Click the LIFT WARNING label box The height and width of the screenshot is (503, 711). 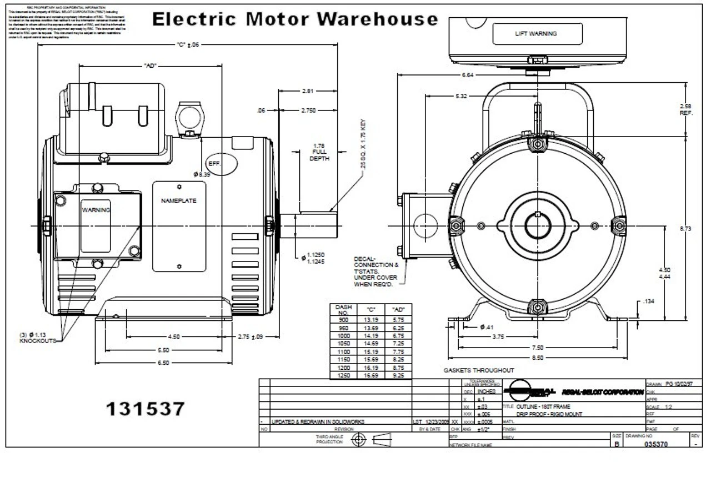pyautogui.click(x=537, y=34)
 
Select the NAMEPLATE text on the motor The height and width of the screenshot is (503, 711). pyautogui.click(x=179, y=201)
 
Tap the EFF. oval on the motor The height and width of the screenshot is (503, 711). pyautogui.click(x=221, y=164)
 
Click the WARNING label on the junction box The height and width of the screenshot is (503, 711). pyautogui.click(x=96, y=210)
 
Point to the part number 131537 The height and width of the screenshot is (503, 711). pyautogui.click(x=145, y=409)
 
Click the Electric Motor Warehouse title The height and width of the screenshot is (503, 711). pyautogui.click(x=295, y=19)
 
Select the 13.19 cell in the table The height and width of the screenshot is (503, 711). pyautogui.click(x=370, y=320)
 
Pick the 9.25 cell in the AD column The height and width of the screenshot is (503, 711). pyautogui.click(x=398, y=375)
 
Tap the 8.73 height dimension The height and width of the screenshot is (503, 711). pyautogui.click(x=685, y=228)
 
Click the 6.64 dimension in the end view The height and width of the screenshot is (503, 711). pyautogui.click(x=467, y=75)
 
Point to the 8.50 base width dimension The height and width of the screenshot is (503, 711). pyautogui.click(x=537, y=358)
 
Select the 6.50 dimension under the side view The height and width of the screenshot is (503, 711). pyautogui.click(x=162, y=363)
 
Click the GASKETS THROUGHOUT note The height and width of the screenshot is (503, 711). pyautogui.click(x=478, y=370)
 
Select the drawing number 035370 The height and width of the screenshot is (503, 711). pyautogui.click(x=656, y=444)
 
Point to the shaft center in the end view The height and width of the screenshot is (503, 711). pyautogui.click(x=538, y=226)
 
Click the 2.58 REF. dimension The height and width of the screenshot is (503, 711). pyautogui.click(x=685, y=109)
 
